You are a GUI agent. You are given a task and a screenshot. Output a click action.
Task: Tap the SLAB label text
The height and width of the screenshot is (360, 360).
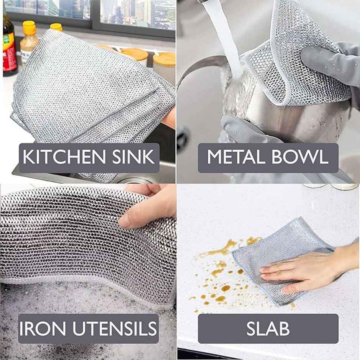pos(268,329)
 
